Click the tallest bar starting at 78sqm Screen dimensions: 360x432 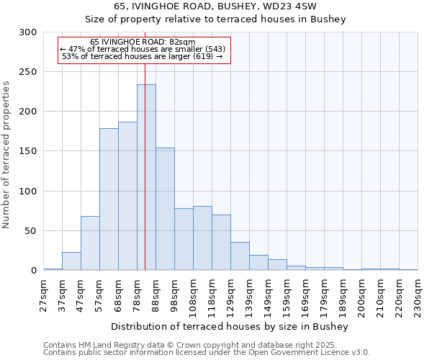point(146,177)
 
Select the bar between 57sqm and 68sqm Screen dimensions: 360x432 point(109,199)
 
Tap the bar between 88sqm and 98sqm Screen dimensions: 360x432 point(165,209)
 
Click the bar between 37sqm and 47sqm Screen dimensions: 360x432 point(71,261)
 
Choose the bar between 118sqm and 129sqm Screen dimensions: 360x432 point(221,243)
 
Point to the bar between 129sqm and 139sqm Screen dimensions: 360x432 point(240,256)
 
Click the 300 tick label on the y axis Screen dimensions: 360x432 point(27,32)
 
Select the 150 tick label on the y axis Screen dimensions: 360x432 point(27,151)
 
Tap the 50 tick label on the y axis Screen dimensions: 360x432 point(30,231)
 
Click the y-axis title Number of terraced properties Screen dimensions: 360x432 point(7,155)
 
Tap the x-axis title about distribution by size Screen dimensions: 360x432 point(230,327)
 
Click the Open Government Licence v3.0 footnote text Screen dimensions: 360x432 point(303,353)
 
